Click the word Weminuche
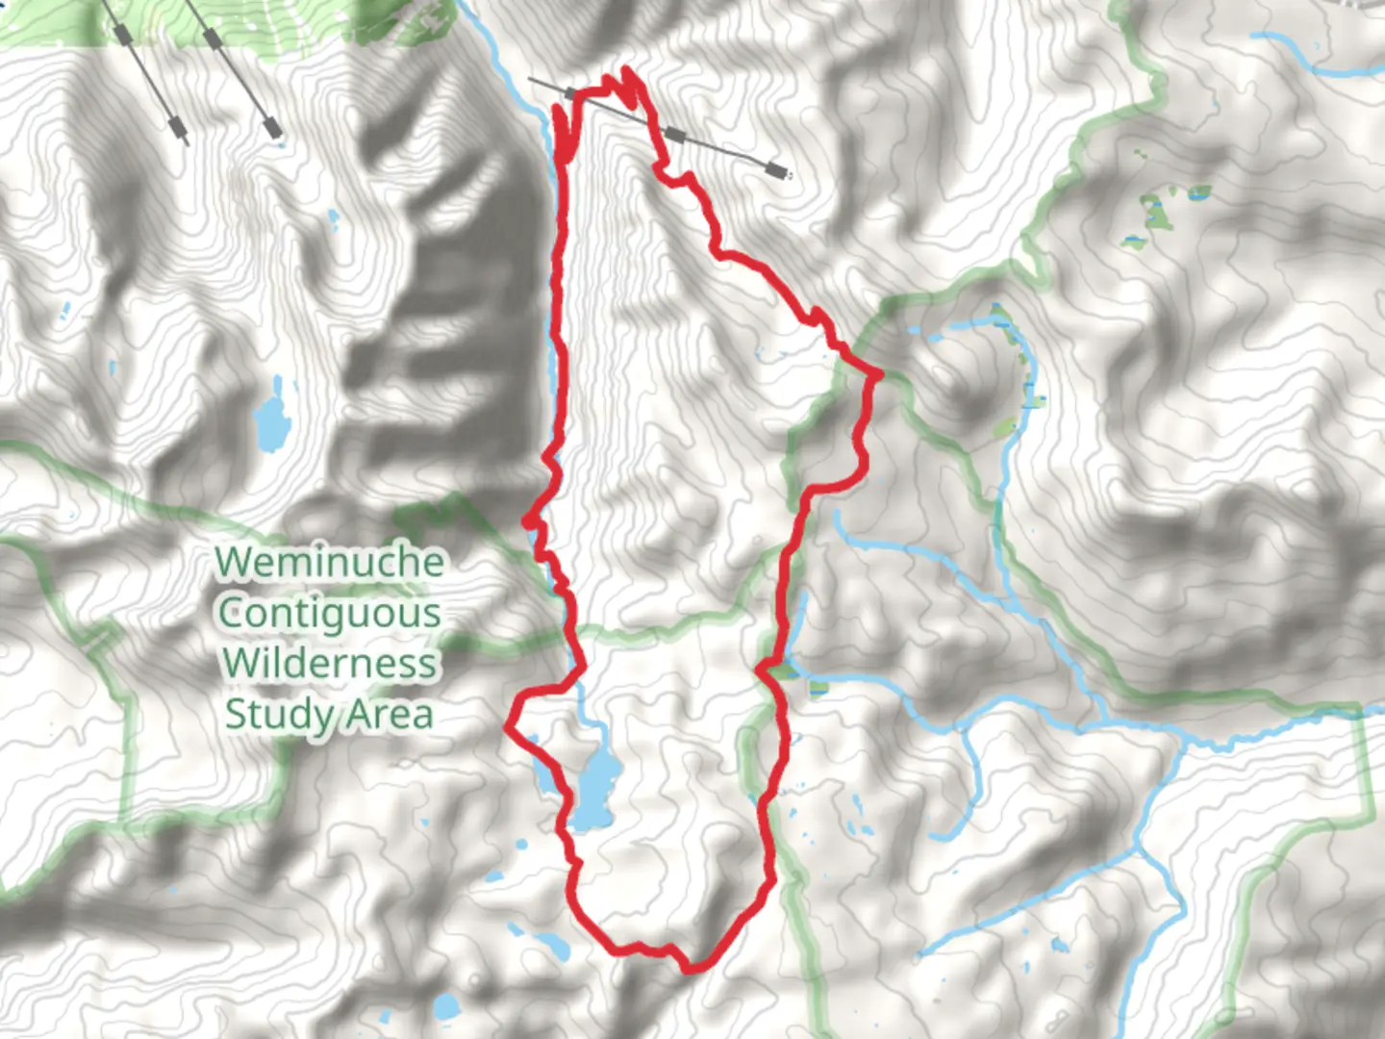pyautogui.click(x=329, y=562)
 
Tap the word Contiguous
pyautogui.click(x=329, y=613)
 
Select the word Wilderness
pyautogui.click(x=329, y=663)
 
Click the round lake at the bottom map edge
pyautogui.click(x=446, y=1007)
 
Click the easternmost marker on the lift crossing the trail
pyautogui.click(x=775, y=171)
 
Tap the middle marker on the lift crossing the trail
pyautogui.click(x=675, y=134)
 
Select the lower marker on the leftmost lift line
pyautogui.click(x=176, y=124)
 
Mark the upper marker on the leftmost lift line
pyautogui.click(x=122, y=35)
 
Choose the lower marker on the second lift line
pyautogui.click(x=271, y=124)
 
